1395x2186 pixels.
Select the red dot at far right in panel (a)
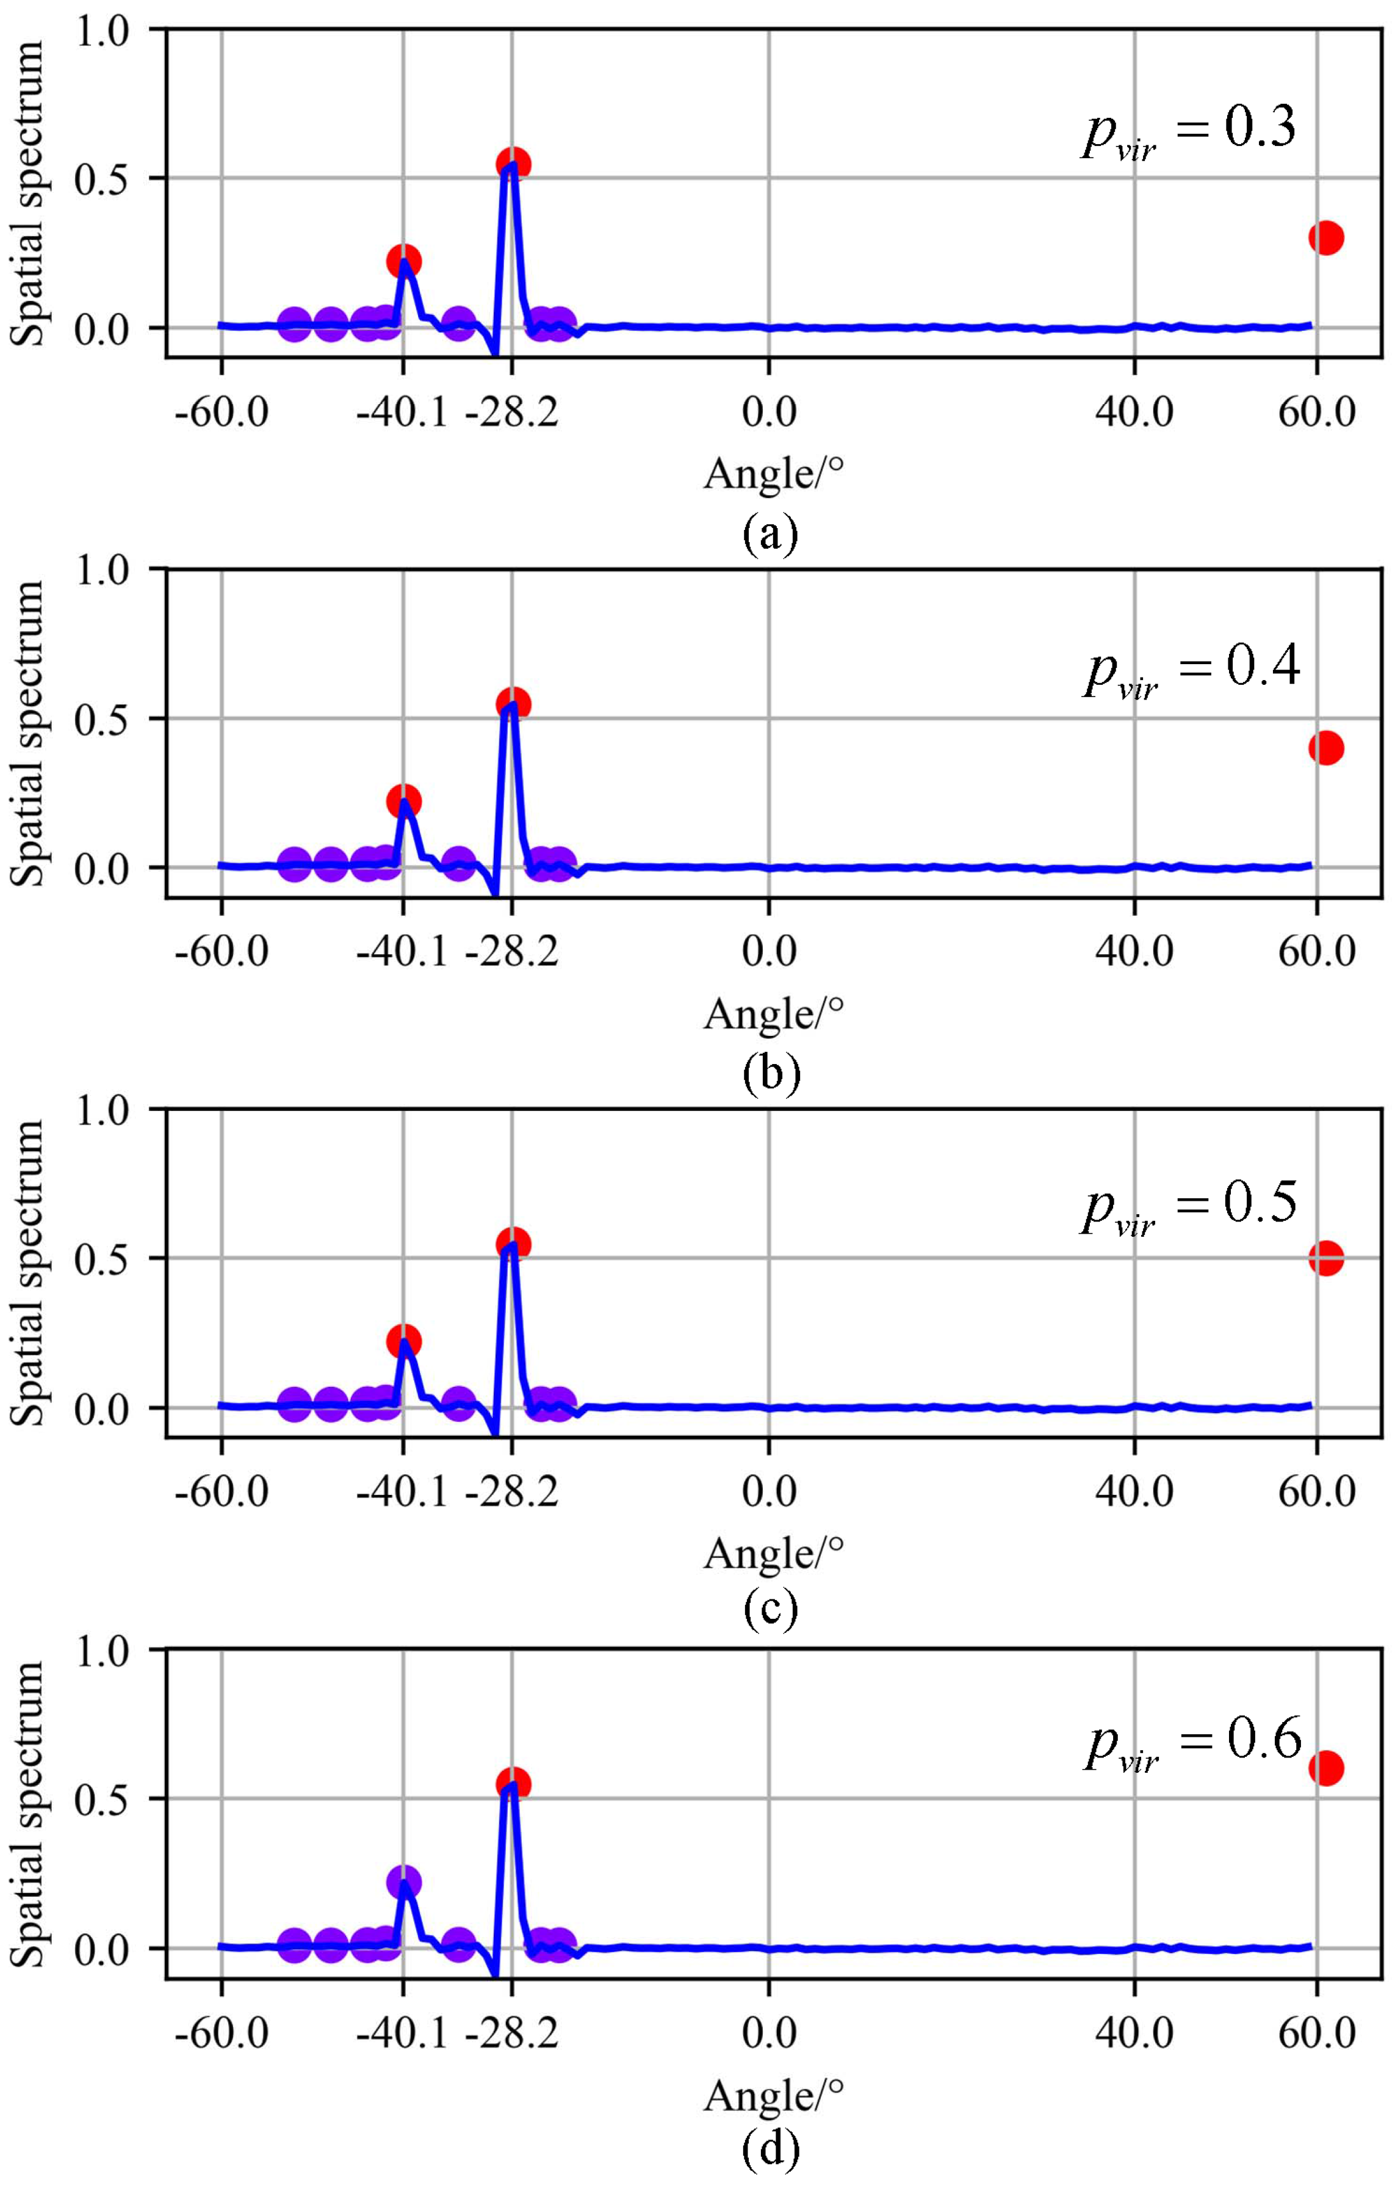pyautogui.click(x=1325, y=238)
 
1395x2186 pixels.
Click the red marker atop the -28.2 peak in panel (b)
pyautogui.click(x=513, y=704)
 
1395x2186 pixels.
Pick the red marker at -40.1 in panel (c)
pyautogui.click(x=404, y=1341)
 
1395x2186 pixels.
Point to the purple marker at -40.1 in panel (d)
pyautogui.click(x=404, y=1882)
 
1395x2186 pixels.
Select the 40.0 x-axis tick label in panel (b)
pyautogui.click(x=1134, y=952)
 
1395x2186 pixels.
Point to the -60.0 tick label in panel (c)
pyautogui.click(x=222, y=1491)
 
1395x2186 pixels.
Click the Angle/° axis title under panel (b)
pyautogui.click(x=773, y=1013)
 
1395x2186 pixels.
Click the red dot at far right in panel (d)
pyautogui.click(x=1325, y=1768)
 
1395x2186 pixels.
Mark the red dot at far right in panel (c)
pyautogui.click(x=1325, y=1258)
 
